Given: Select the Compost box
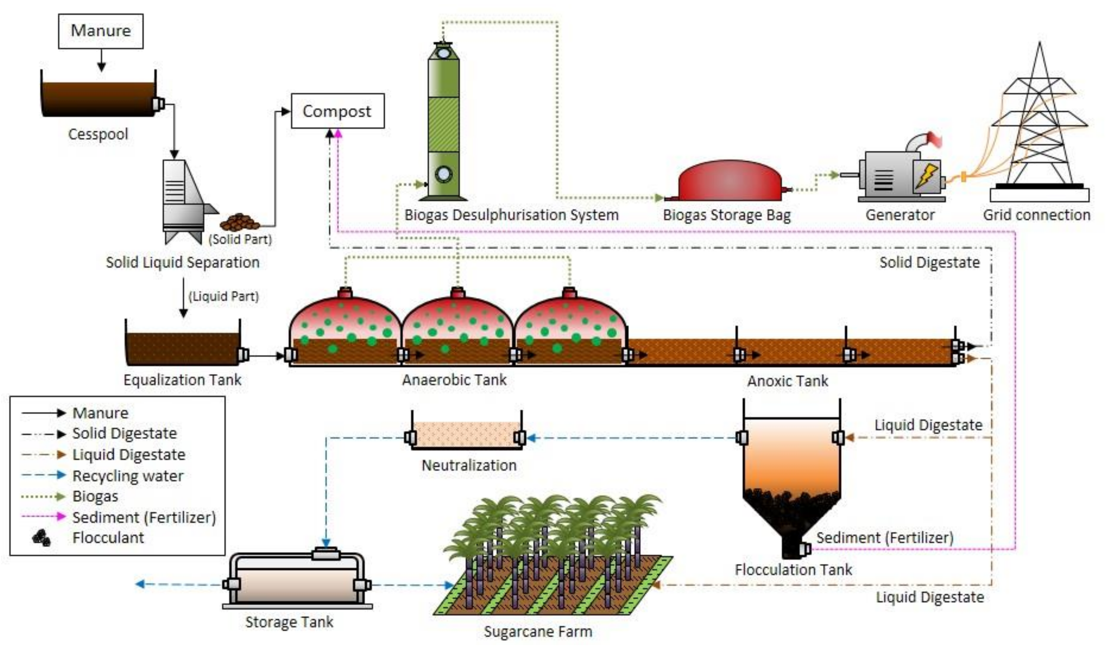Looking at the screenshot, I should (x=337, y=111).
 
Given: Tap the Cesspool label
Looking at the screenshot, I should (x=98, y=134).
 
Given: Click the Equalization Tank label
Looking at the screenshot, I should (x=182, y=380).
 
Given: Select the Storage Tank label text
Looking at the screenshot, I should (x=289, y=622).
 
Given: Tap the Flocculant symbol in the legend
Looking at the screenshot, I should (x=42, y=538).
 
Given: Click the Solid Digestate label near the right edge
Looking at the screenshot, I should (x=929, y=262).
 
